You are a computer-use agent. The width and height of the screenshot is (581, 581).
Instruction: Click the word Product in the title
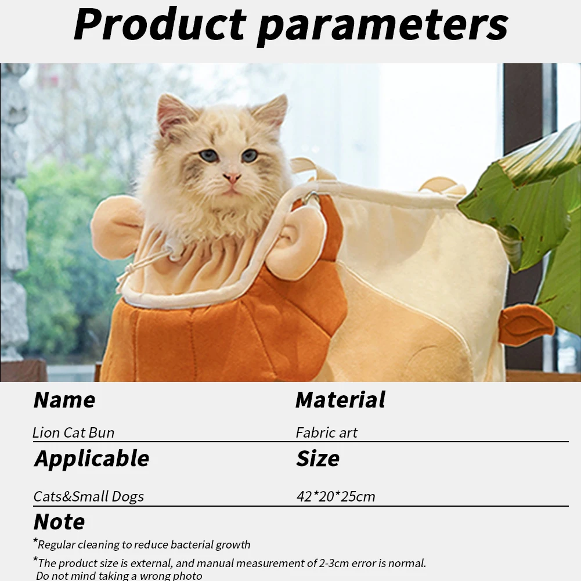[x=160, y=24]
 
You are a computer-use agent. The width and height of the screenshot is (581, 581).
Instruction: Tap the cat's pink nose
[x=232, y=178]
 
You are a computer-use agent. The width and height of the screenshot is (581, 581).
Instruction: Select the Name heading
[x=64, y=400]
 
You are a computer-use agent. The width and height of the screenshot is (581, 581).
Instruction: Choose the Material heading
[x=341, y=400]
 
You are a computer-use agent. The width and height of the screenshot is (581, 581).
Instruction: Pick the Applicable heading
[x=92, y=459]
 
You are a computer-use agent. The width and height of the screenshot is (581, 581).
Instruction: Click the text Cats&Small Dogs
[x=89, y=496]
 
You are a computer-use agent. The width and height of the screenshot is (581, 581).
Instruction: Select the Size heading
[x=318, y=459]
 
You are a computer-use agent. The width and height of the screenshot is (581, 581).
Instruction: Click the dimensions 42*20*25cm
[x=335, y=496]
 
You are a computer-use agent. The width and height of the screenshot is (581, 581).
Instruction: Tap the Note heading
[x=59, y=522]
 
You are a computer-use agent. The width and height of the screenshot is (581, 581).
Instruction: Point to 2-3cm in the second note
[x=334, y=563]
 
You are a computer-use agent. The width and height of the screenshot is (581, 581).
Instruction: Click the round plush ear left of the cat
[x=116, y=228]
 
